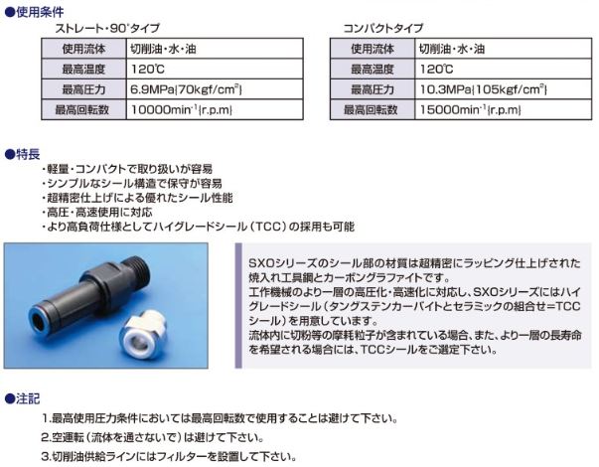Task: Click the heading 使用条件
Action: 35,12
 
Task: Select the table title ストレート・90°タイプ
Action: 107,28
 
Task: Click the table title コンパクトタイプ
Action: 383,28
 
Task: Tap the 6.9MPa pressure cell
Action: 215,89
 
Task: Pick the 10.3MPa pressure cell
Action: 503,89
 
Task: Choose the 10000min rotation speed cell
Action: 215,109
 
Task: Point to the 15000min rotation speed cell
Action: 503,109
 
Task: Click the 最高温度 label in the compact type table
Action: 373,70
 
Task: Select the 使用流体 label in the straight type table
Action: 84,49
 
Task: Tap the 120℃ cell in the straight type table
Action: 215,70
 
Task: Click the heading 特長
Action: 23,154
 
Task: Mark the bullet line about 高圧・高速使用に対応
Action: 97,212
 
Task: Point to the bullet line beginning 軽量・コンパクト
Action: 127,169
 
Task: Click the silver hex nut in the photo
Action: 142,332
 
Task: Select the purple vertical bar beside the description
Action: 238,306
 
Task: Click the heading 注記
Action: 23,399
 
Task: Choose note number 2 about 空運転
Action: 152,437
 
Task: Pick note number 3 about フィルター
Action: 169,457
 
